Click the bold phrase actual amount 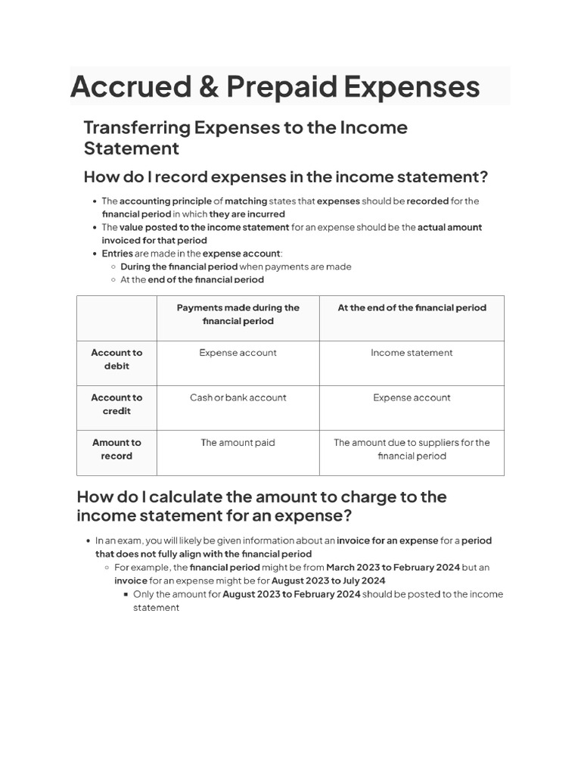coord(449,227)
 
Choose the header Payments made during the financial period coord(238,314)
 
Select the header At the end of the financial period coord(412,308)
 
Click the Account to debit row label coord(117,359)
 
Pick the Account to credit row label coord(117,404)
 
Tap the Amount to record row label coord(117,450)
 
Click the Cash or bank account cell coord(238,398)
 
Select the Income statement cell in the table coord(412,353)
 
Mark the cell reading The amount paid coord(238,443)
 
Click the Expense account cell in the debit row coord(238,353)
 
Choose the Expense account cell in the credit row coord(412,398)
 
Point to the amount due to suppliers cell coord(412,450)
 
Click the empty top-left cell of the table coord(117,318)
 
